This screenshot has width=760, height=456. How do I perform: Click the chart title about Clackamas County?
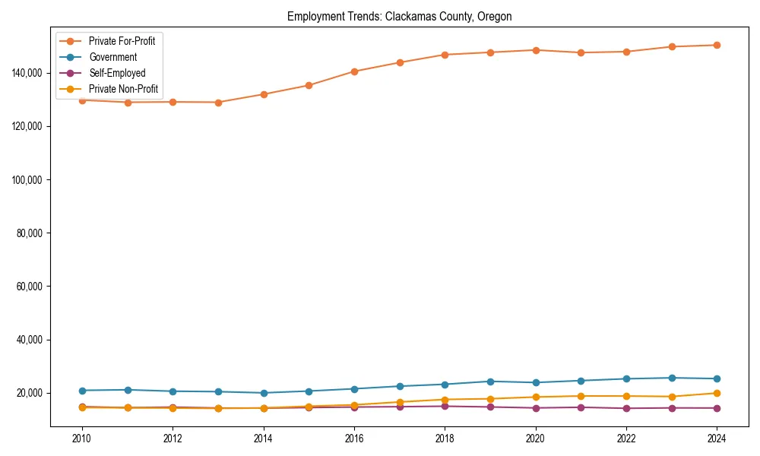[x=399, y=17]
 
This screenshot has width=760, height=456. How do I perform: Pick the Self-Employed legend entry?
[x=116, y=73]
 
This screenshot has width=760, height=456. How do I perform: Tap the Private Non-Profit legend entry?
[x=124, y=89]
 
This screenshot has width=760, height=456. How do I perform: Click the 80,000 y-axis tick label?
[x=28, y=233]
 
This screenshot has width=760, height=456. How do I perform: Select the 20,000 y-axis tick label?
[x=28, y=393]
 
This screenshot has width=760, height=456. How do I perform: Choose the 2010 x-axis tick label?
[x=82, y=439]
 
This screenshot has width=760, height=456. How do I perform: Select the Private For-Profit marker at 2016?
[x=354, y=71]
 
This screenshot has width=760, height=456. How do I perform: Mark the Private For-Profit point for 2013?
[x=218, y=102]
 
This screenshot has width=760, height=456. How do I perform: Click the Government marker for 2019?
[x=490, y=382]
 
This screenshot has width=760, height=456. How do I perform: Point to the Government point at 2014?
[x=264, y=393]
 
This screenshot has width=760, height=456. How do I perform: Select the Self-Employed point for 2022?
[x=626, y=408]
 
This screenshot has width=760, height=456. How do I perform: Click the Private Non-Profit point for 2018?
[x=445, y=400]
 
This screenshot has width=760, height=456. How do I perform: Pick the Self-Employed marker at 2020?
[x=536, y=408]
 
